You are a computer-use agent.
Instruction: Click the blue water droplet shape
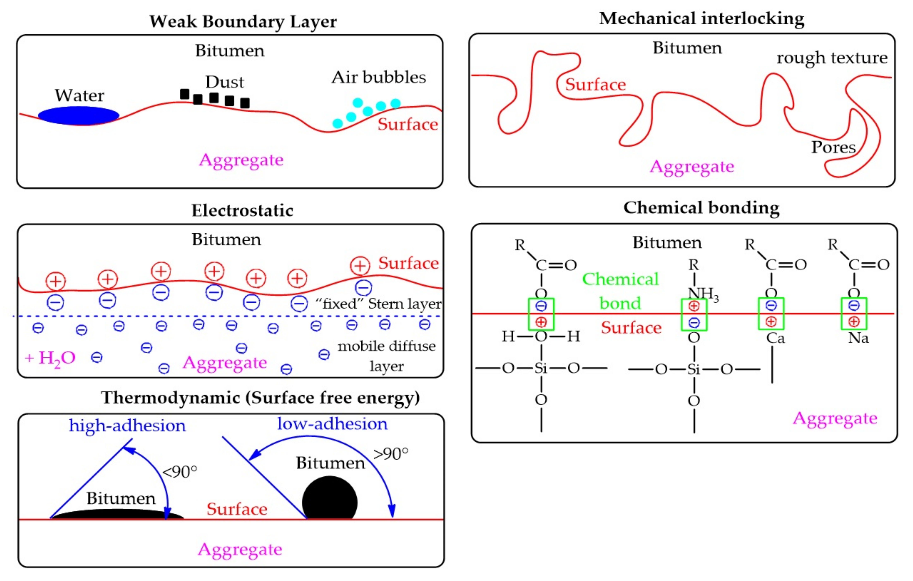click(x=79, y=116)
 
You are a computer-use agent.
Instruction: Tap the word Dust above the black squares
click(x=225, y=82)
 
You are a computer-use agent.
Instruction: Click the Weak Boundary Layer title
click(x=243, y=21)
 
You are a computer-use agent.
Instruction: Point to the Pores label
click(x=833, y=147)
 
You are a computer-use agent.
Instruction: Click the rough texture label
click(x=832, y=58)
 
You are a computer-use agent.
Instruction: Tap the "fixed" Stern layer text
click(x=378, y=304)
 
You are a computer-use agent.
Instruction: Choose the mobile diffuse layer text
click(x=386, y=356)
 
